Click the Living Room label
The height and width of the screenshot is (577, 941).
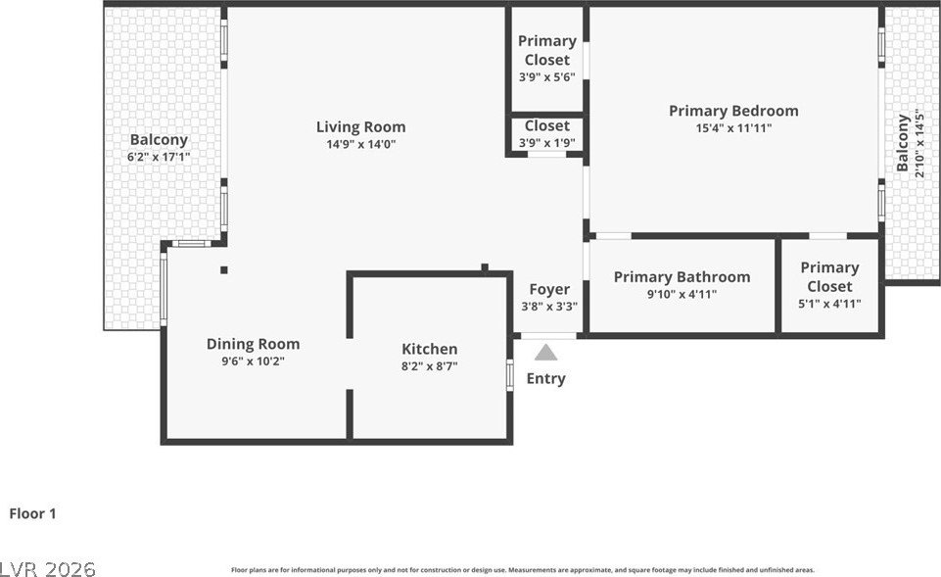coord(360,126)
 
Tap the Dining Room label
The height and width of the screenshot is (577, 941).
coord(253,344)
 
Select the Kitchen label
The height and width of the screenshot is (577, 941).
coord(429,349)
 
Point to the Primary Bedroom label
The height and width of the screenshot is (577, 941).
coord(733,111)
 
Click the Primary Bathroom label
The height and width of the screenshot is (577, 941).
coord(682,277)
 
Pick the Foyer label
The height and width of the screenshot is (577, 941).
coord(548,289)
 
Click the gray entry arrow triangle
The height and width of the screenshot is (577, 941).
coord(546,352)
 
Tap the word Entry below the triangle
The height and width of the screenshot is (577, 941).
coord(545,379)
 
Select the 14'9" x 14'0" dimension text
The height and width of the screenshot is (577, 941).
coord(360,144)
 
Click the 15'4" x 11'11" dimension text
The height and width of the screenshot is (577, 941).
coord(733,128)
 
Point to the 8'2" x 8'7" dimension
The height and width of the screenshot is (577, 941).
coord(429,366)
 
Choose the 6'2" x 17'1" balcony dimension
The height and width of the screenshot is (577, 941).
coord(159,157)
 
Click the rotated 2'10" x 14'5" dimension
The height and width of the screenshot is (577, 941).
coord(917,144)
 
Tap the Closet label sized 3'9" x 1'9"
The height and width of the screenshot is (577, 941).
coord(546,125)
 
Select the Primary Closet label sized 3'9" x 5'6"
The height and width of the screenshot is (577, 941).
coord(546,50)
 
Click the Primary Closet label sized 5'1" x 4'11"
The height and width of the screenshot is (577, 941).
coord(829,276)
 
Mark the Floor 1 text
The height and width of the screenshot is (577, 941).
coord(33,513)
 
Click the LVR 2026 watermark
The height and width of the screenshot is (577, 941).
coord(48,568)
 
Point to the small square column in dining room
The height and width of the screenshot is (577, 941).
coord(223,270)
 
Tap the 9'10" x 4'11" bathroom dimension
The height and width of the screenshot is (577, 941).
coord(682,294)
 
